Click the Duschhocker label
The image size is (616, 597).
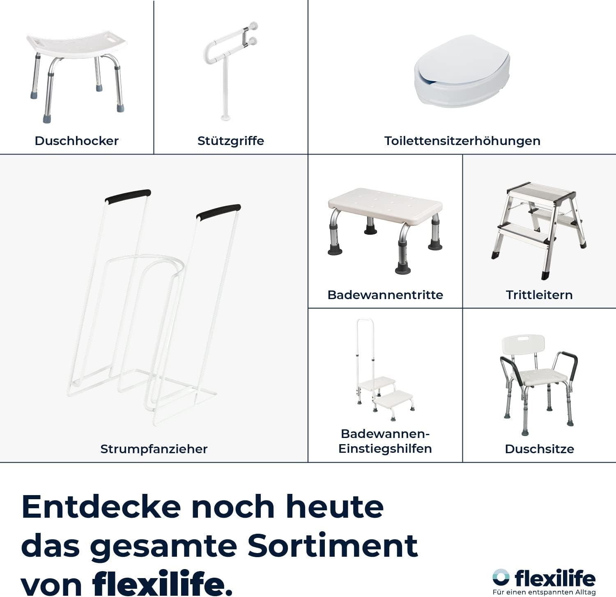[76, 141]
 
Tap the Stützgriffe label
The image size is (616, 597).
[230, 141]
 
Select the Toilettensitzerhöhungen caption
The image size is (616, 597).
[462, 141]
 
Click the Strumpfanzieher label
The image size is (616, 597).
[154, 449]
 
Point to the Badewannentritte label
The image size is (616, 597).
[385, 295]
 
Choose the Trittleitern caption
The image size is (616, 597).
[539, 295]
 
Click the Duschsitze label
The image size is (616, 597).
[539, 449]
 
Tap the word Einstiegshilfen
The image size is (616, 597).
[385, 449]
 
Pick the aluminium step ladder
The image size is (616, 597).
[539, 230]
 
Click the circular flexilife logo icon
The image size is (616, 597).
[501, 577]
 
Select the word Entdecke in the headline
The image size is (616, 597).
[101, 507]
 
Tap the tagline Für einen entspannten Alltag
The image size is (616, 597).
[544, 592]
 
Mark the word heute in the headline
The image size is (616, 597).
[335, 507]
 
